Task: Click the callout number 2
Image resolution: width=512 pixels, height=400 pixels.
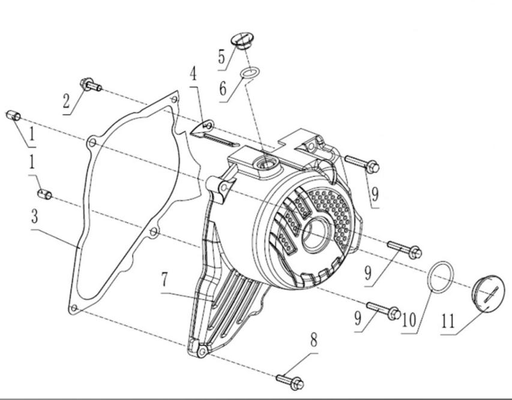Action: (x=67, y=101)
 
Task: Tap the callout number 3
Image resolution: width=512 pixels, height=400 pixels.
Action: (x=35, y=216)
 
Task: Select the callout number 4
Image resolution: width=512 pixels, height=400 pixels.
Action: (x=194, y=74)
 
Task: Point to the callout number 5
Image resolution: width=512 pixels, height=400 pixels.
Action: (x=222, y=57)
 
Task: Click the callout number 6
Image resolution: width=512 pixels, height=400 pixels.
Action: (x=223, y=88)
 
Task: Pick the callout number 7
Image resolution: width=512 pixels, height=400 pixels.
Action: (x=165, y=279)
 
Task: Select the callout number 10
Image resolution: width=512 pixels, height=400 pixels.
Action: (x=409, y=320)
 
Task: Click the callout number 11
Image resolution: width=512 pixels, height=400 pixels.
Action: (x=448, y=321)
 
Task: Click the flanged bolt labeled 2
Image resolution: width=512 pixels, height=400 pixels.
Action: (x=91, y=85)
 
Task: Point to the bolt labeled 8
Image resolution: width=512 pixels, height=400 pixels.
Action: (x=290, y=382)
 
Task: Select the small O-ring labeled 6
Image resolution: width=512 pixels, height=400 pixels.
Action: (x=250, y=73)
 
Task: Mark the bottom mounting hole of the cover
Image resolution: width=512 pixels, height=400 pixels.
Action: (x=202, y=353)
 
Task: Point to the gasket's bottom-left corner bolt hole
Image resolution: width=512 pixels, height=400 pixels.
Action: (x=74, y=308)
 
